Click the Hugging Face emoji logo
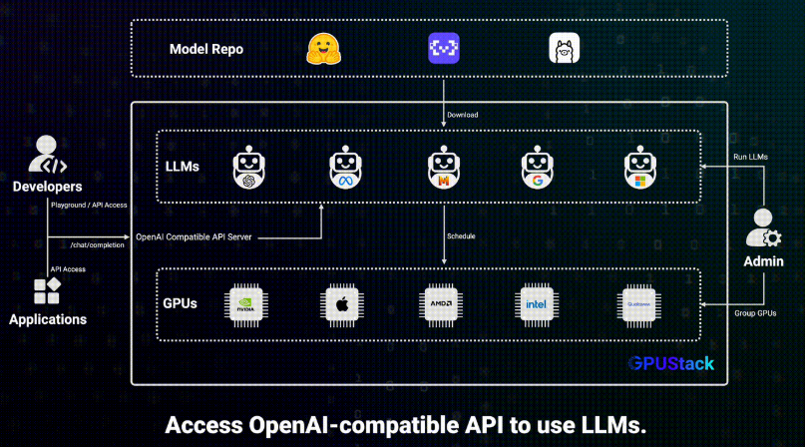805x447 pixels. tap(323, 49)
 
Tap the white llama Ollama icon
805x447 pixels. tap(565, 48)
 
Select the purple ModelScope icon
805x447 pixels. tap(444, 48)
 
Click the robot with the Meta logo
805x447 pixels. tap(345, 167)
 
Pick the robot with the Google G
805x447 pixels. tap(537, 167)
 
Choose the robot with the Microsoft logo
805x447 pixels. tap(640, 167)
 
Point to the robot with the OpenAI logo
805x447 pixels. tap(249, 167)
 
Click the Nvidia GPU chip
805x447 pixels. tap(246, 305)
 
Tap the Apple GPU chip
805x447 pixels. tap(342, 305)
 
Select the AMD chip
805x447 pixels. tap(441, 305)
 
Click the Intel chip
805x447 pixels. tap(537, 305)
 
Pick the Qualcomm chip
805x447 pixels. tap(638, 305)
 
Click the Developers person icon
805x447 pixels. tap(46, 154)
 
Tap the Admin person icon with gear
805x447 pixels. tap(763, 227)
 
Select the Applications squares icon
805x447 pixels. tap(47, 290)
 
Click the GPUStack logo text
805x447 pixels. tap(670, 364)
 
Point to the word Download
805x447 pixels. tap(463, 115)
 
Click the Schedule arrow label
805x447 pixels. tap(461, 236)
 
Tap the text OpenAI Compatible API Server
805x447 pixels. tap(194, 236)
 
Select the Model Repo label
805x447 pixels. tap(206, 49)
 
